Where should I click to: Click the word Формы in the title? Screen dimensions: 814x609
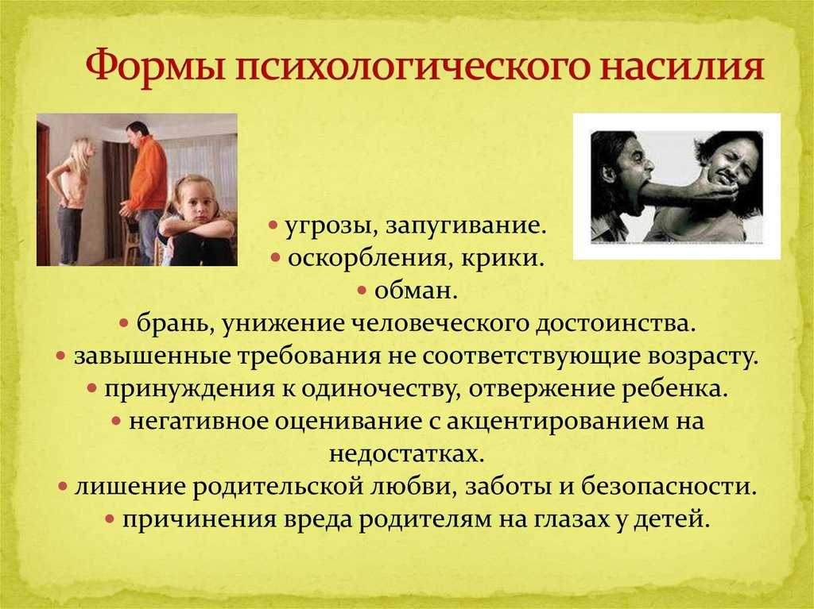point(155,65)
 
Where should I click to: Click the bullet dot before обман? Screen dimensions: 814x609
point(362,291)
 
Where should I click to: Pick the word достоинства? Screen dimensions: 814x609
point(616,324)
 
